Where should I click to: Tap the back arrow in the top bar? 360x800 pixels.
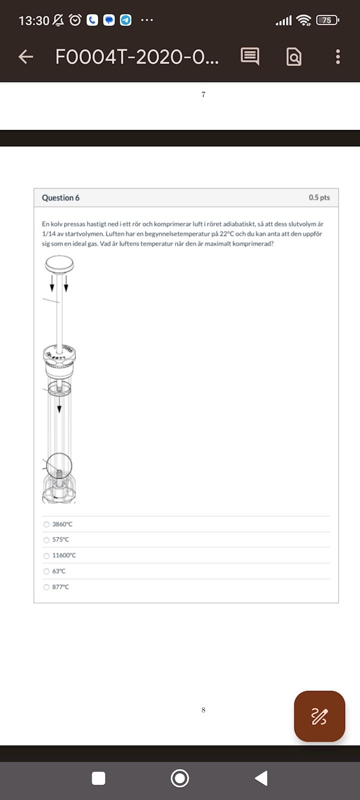26,57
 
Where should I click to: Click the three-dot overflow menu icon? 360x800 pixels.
338,57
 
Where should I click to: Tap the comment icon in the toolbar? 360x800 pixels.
249,56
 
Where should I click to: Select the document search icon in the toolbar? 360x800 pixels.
294,57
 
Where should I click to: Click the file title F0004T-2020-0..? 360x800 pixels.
136,57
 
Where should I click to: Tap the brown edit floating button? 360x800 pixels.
319,716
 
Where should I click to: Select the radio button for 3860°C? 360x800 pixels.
46,524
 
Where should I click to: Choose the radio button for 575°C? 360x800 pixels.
46,540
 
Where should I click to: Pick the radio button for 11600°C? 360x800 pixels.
46,555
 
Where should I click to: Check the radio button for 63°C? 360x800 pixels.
46,571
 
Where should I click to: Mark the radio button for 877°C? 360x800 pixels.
46,587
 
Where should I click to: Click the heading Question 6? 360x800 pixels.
60,198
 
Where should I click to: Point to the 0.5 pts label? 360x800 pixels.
319,197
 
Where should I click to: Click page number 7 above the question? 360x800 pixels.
203,94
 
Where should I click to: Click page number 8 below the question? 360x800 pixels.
203,710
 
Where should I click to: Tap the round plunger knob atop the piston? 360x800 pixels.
59,263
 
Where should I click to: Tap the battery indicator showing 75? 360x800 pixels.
327,20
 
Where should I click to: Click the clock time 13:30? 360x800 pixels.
33,20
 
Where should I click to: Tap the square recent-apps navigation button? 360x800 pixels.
98,778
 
